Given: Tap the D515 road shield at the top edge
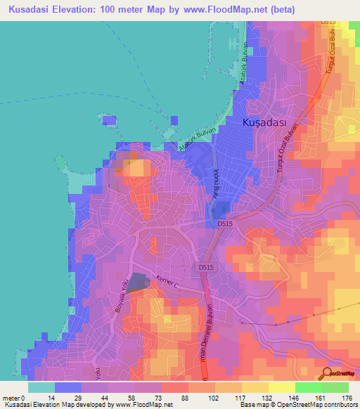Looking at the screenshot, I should tap(328, 22).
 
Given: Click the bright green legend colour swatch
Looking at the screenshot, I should tap(308, 387).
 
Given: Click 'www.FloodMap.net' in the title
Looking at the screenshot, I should tap(229, 10).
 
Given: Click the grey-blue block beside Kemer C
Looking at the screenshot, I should tap(139, 283).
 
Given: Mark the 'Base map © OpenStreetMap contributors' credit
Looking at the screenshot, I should tap(299, 405).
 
